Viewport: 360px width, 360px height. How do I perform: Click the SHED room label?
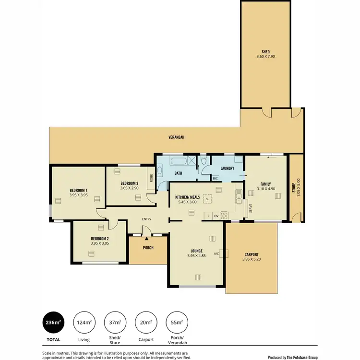265,52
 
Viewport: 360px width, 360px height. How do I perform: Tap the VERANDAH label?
176,137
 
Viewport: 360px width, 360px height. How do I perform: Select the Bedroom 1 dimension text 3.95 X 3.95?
78,195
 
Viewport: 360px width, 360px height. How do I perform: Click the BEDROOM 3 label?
129,183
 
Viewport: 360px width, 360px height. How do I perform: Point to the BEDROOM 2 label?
99,239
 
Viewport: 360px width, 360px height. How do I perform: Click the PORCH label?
148,248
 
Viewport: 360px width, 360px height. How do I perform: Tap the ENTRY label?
146,219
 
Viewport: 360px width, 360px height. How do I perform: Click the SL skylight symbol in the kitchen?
207,199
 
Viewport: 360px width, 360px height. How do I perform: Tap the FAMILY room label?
265,184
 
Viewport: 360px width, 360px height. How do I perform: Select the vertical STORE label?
294,186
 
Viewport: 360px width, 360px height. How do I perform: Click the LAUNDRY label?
227,168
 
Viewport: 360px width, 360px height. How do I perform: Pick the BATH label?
178,173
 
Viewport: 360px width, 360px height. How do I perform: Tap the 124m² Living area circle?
84,323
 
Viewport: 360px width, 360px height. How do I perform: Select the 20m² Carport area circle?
146,323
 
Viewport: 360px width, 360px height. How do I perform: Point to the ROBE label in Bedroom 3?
152,179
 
